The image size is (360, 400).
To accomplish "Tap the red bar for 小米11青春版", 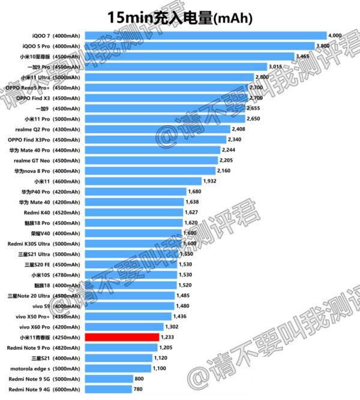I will tap(122, 338).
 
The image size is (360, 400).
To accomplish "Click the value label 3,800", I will tap(324, 46).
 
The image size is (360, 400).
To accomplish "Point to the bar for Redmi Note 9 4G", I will tap(108, 389).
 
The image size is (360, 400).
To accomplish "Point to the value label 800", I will tap(139, 379).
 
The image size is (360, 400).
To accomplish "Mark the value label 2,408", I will tap(239, 129).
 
